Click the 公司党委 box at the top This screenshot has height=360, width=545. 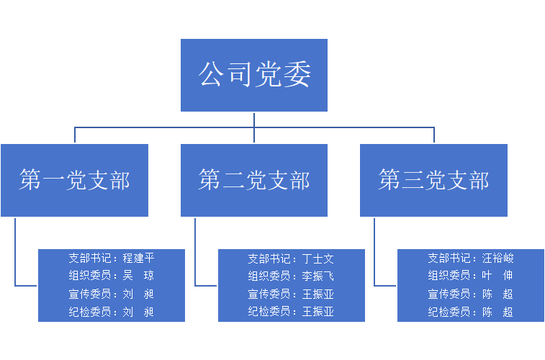point(253,75)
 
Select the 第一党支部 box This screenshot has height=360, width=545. point(75,180)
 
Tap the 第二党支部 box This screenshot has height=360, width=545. point(253,180)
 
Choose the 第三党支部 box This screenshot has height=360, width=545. point(433,180)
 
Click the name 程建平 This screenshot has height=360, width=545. point(138,258)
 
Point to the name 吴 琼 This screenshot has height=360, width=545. point(138,276)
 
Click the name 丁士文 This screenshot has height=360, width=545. point(318,258)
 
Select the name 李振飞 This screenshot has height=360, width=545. point(318,276)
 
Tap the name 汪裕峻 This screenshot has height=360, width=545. point(498,258)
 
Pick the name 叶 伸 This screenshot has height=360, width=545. point(498,276)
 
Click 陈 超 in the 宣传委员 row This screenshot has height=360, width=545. point(498,294)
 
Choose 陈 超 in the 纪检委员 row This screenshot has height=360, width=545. point(498,312)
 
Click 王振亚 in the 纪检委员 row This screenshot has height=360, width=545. point(318,312)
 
